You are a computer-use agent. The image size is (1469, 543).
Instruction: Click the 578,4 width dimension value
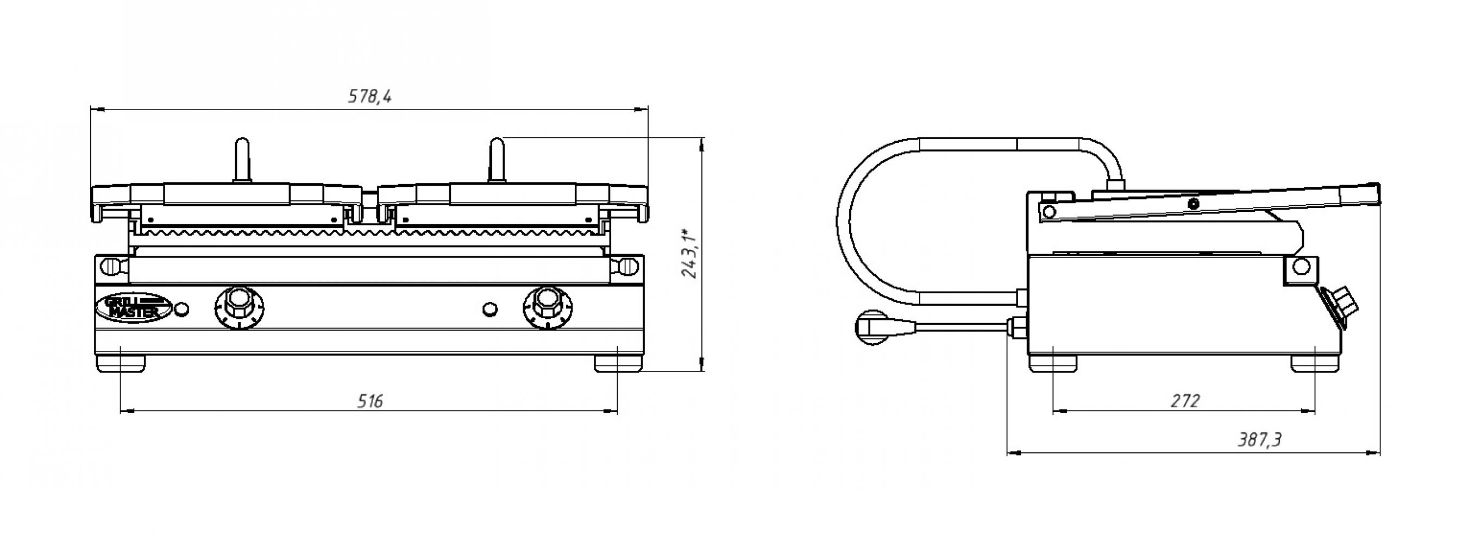point(369,96)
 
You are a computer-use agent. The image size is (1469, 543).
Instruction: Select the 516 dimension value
point(370,402)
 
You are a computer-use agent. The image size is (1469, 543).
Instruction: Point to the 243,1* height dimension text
point(689,254)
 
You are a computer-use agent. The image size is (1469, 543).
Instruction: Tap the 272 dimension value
point(1185,402)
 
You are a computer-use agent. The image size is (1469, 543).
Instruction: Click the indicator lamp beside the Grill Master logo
point(183,308)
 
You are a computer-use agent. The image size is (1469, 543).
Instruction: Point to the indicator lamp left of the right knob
point(489,308)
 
